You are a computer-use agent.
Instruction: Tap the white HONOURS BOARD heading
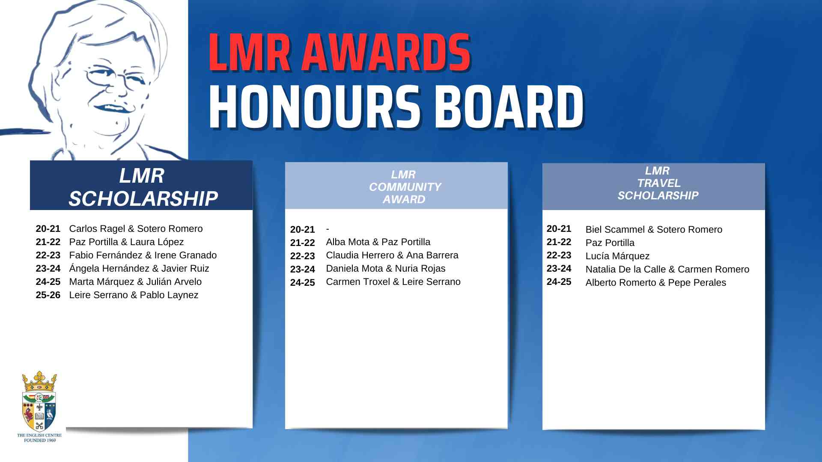point(396,107)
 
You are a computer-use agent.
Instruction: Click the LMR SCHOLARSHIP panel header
point(141,186)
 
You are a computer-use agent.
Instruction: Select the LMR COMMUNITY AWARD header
point(396,186)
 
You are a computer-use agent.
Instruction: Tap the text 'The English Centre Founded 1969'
point(39,438)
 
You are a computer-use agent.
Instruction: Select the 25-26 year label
point(48,295)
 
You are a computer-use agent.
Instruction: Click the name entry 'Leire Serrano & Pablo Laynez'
point(134,295)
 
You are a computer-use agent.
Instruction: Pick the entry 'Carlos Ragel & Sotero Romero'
point(136,229)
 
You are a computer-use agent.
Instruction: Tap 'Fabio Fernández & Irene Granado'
point(143,255)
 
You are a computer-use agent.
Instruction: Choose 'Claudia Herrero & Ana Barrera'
point(392,255)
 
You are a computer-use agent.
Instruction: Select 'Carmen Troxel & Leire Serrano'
point(393,282)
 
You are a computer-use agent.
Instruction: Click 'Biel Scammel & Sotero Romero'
point(654,230)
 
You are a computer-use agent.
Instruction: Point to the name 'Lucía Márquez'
point(617,256)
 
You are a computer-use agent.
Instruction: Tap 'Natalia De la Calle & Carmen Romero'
point(667,269)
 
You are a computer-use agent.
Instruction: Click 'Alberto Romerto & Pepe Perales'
point(656,283)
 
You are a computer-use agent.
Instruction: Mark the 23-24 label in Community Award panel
point(302,269)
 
